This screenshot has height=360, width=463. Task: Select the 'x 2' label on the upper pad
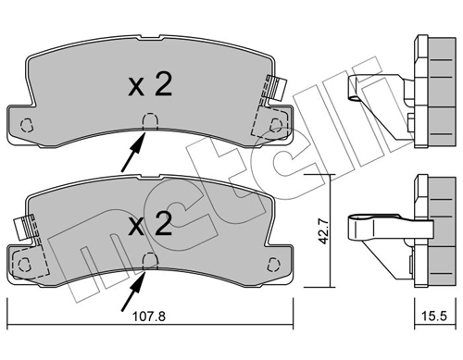click(148, 85)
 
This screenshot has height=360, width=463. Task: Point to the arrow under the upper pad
click(132, 154)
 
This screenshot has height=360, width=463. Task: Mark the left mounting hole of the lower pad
click(27, 263)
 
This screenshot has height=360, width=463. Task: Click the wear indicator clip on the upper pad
click(274, 89)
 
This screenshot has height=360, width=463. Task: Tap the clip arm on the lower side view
click(374, 227)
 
